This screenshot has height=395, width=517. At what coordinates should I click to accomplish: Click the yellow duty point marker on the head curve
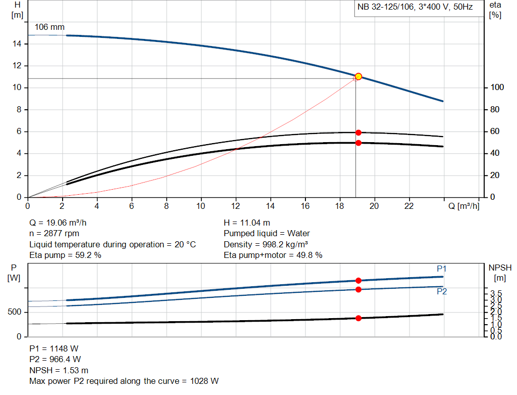coord(358,76)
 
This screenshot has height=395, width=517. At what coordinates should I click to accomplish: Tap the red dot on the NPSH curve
coord(358,318)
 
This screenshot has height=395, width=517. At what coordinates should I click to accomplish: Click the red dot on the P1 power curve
coord(358,280)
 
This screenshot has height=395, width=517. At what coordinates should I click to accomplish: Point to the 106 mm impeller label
coord(49,27)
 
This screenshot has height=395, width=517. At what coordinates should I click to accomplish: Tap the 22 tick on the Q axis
coord(409,206)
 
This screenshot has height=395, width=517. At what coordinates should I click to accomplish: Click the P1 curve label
coord(442,269)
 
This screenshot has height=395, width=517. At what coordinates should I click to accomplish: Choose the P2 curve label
coord(442,291)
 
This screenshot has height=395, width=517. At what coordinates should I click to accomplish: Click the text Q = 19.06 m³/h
coord(62,223)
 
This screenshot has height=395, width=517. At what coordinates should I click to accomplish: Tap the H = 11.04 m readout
coord(246,223)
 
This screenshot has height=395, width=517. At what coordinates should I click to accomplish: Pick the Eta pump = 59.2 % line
coord(65,255)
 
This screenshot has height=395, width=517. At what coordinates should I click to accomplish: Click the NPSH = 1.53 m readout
coord(59,370)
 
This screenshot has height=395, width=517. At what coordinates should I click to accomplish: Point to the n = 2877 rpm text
coord(55,233)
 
